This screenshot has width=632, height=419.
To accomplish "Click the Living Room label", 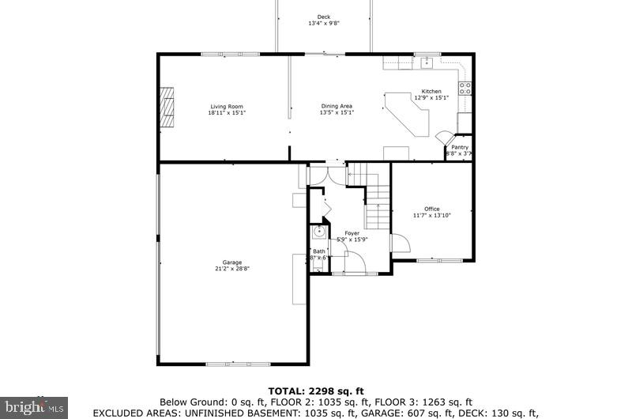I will pyautogui.click(x=226, y=107).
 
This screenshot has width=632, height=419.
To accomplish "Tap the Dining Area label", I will pyautogui.click(x=337, y=107).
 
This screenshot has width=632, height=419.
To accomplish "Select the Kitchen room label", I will pyautogui.click(x=431, y=92).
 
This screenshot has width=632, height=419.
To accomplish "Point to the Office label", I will pyautogui.click(x=431, y=209).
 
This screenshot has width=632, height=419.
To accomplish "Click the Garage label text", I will pyautogui.click(x=231, y=262).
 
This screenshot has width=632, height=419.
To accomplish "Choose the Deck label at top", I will pyautogui.click(x=324, y=17).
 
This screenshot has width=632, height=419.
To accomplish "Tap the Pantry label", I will pyautogui.click(x=460, y=147).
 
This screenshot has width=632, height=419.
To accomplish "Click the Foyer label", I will pyautogui.click(x=352, y=233).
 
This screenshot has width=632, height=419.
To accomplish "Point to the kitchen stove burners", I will pyautogui.click(x=466, y=88).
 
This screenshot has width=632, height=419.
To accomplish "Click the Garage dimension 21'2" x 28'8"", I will pyautogui.click(x=231, y=269).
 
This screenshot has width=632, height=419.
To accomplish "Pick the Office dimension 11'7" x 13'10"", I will pyautogui.click(x=431, y=215).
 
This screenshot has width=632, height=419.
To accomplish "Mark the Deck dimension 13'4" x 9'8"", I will pyautogui.click(x=324, y=24).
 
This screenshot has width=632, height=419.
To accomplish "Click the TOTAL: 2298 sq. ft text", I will pyautogui.click(x=316, y=391).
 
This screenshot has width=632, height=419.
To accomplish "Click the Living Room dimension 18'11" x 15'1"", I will pyautogui.click(x=227, y=113).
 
